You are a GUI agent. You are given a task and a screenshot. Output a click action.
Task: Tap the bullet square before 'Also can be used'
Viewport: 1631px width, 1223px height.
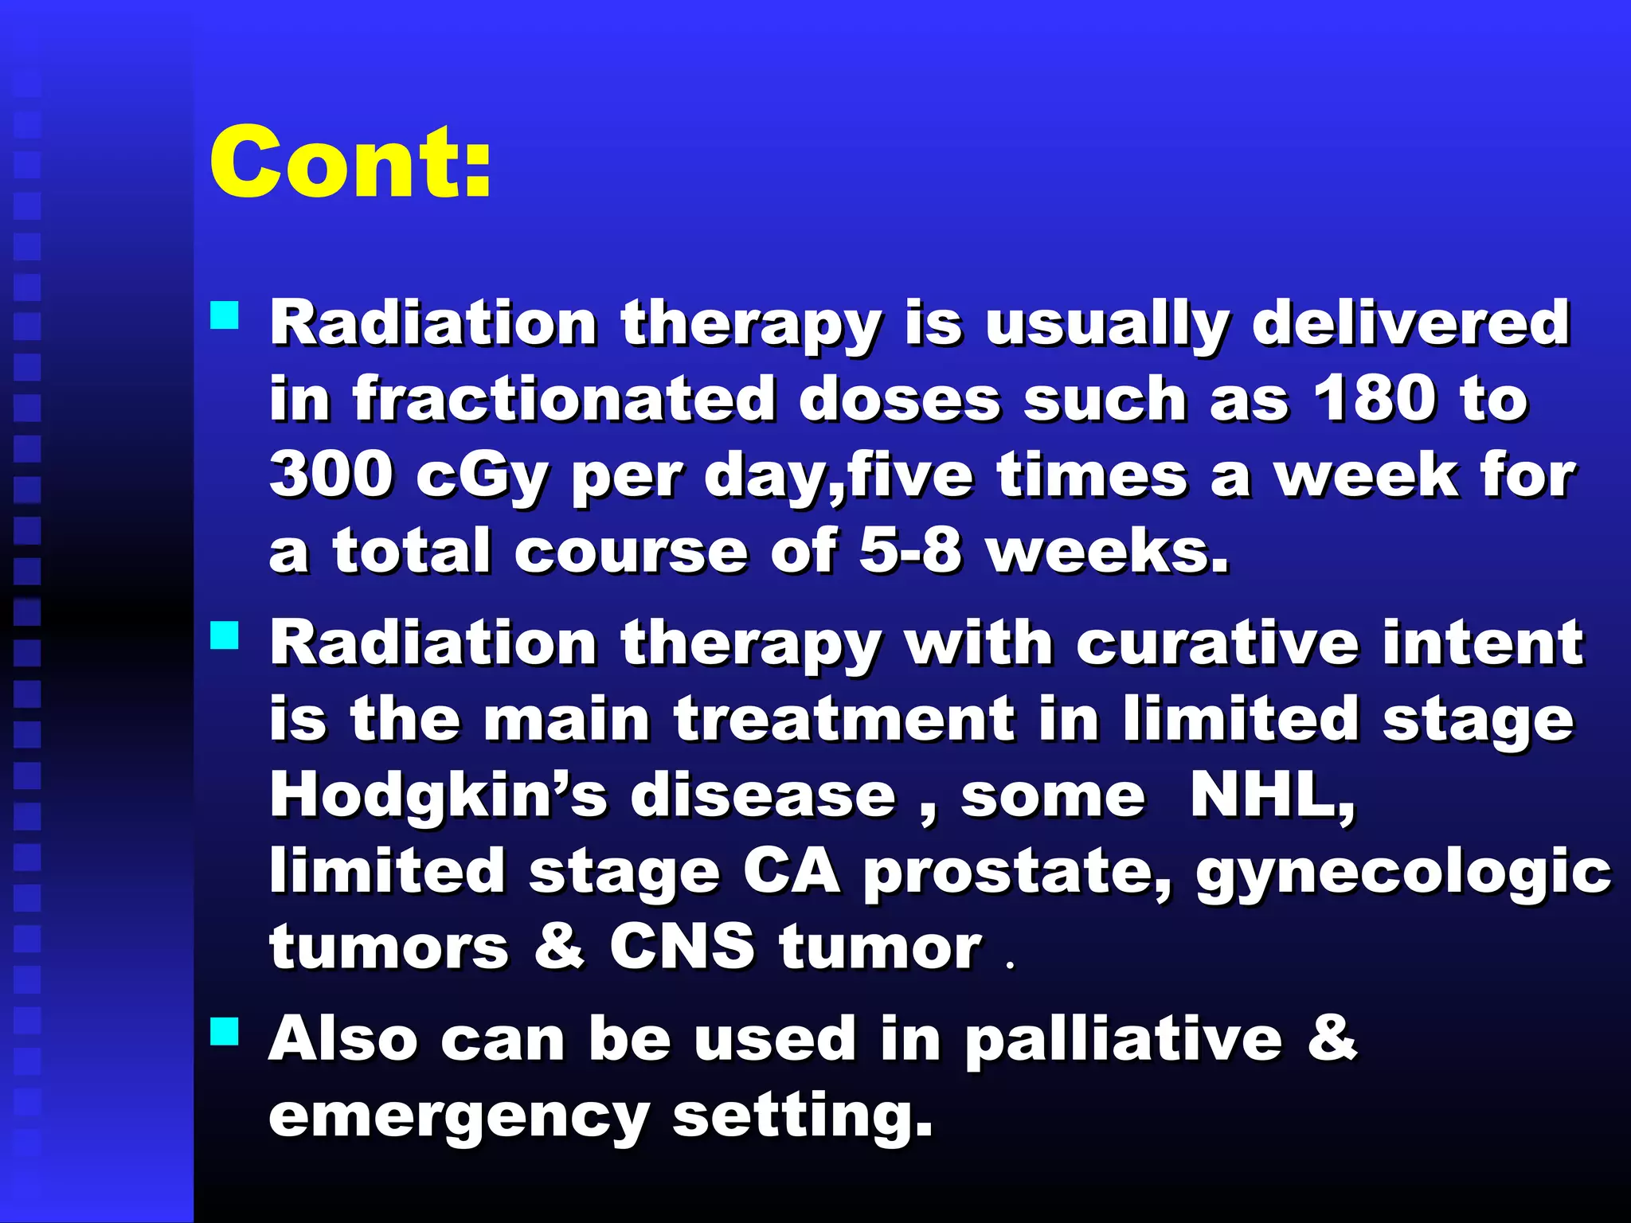[225, 1032]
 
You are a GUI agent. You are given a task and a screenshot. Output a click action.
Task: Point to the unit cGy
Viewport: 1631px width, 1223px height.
[482, 476]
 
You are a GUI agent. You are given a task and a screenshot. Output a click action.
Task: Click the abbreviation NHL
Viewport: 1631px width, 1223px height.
[1270, 795]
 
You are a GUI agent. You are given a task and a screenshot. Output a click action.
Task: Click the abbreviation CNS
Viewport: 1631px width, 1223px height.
[682, 947]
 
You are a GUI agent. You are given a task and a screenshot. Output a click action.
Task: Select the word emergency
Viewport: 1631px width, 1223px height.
[459, 1117]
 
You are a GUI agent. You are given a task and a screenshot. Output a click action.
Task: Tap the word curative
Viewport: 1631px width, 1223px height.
[1217, 643]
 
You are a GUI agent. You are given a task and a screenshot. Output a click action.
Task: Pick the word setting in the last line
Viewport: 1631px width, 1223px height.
[802, 1117]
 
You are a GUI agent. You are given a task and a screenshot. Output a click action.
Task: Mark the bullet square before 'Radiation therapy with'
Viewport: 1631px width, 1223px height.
[225, 635]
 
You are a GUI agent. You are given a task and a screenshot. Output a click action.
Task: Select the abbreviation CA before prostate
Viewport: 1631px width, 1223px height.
[791, 871]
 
